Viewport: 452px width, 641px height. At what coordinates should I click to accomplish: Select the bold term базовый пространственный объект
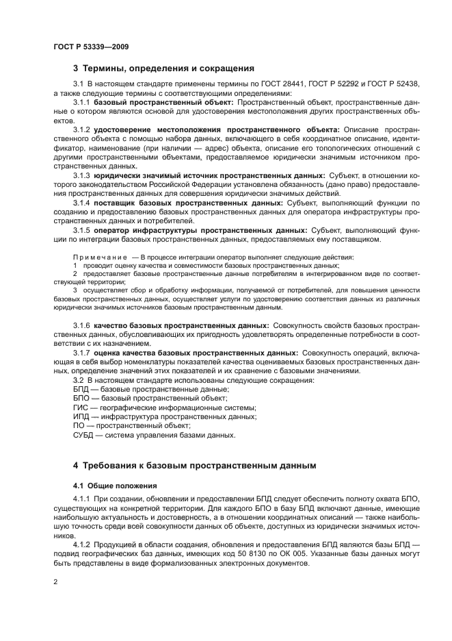point(163,102)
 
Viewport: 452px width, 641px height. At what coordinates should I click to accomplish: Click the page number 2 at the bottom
point(55,581)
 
